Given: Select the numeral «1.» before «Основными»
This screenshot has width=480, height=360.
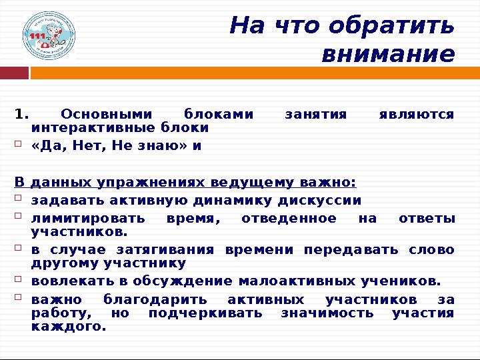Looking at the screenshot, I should click(x=22, y=114).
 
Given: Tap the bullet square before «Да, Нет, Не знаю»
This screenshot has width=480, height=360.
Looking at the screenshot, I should click(x=19, y=144).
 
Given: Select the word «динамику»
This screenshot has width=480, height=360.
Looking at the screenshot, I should click(x=259, y=201).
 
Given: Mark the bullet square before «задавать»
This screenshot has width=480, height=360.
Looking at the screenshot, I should click(x=19, y=199).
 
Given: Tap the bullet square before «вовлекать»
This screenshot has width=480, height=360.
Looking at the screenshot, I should click(x=19, y=279).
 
